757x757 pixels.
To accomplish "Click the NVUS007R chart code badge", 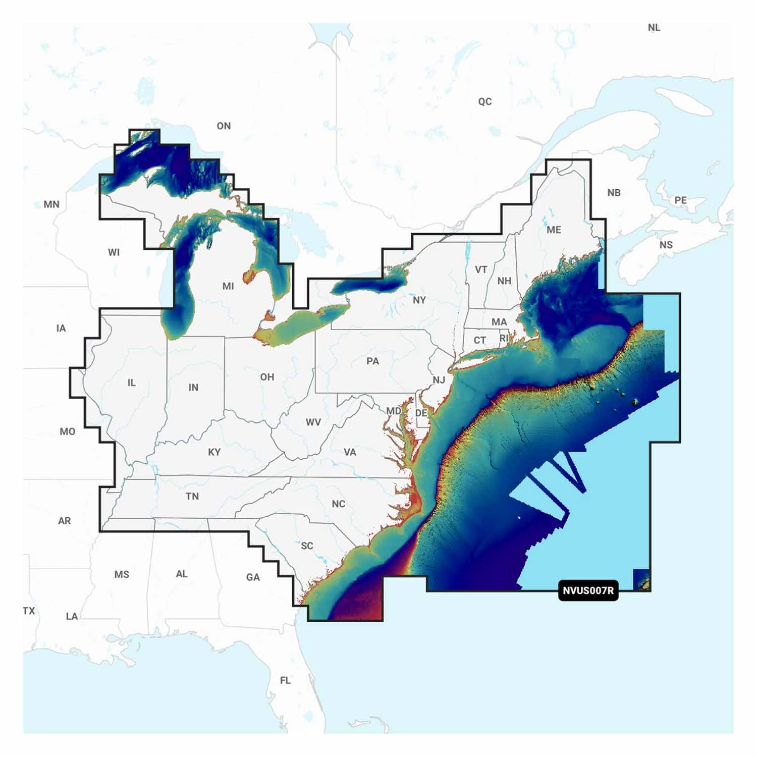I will (x=588, y=590).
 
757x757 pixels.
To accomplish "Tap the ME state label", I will (x=554, y=230).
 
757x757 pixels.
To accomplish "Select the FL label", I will (x=285, y=680).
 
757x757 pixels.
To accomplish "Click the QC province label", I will (x=484, y=101).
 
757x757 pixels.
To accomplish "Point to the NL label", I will (x=654, y=28).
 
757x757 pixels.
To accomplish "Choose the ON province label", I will (x=224, y=126).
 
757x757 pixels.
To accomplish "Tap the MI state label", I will (x=228, y=286).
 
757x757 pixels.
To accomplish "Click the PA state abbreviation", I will (x=372, y=361).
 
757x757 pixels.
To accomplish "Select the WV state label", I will (x=313, y=422).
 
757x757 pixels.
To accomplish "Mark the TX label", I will (x=29, y=611).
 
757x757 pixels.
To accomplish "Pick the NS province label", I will (x=666, y=245).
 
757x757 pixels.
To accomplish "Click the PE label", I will (x=680, y=200).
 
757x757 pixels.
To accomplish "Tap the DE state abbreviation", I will (x=421, y=413).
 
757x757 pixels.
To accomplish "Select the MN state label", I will (x=51, y=204).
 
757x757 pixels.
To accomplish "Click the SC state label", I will (x=307, y=546).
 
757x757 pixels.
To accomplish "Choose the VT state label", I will (x=481, y=269).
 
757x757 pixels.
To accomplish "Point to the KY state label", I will (x=214, y=452).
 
